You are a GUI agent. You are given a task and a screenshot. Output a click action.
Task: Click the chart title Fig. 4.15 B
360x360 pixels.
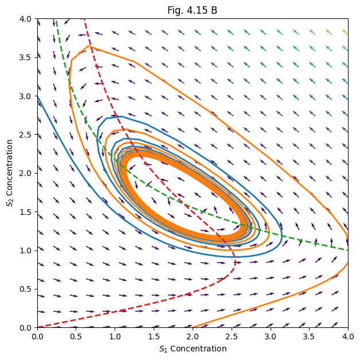pyautogui.click(x=193, y=10)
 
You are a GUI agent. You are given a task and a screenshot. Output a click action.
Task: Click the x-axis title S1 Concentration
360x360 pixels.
pyautogui.click(x=193, y=349)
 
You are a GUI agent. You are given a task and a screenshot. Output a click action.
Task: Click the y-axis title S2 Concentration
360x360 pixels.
pyautogui.click(x=10, y=173)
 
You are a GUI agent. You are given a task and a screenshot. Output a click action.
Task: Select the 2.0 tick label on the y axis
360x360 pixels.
pyautogui.click(x=28, y=173)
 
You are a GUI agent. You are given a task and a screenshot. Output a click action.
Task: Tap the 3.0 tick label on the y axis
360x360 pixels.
pyautogui.click(x=28, y=96)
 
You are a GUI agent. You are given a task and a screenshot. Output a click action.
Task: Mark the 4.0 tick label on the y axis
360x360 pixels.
pyautogui.click(x=28, y=19)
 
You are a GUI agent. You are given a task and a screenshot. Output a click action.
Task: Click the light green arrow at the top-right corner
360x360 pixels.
pyautogui.click(x=345, y=32)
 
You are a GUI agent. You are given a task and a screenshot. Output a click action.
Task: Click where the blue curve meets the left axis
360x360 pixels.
pyautogui.click(x=38, y=96)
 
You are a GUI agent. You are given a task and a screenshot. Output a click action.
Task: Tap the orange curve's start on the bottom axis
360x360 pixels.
pyautogui.click(x=193, y=327)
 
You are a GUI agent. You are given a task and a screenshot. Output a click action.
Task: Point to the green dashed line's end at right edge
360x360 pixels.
pyautogui.click(x=347, y=250)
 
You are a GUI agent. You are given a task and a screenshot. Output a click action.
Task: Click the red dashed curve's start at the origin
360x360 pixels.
pyautogui.click(x=38, y=327)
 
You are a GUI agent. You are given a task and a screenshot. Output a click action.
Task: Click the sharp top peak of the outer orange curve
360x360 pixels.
pyautogui.click(x=88, y=46)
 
